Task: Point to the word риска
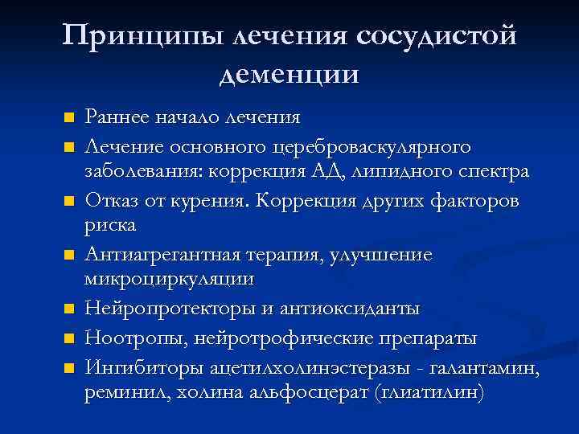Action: [x=111, y=226]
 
